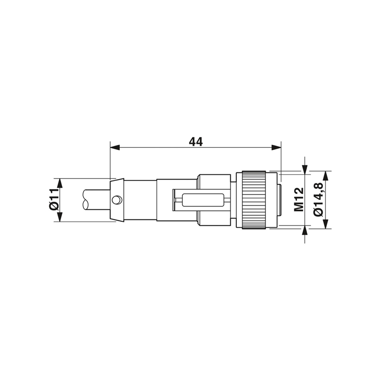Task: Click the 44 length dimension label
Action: point(196,142)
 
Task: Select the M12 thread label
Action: point(299,199)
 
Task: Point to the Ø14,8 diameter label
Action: point(318,199)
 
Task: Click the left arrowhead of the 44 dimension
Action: point(115,147)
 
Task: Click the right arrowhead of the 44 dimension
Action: point(276,147)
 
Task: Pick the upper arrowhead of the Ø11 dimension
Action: point(60,183)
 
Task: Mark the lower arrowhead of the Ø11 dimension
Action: point(60,217)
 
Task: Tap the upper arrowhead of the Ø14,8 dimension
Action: point(326,176)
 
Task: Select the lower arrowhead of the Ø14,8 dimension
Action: point(326,224)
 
